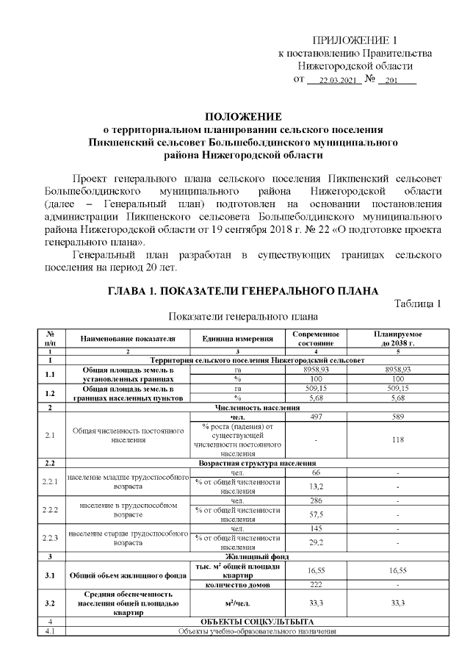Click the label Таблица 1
tap(417, 303)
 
